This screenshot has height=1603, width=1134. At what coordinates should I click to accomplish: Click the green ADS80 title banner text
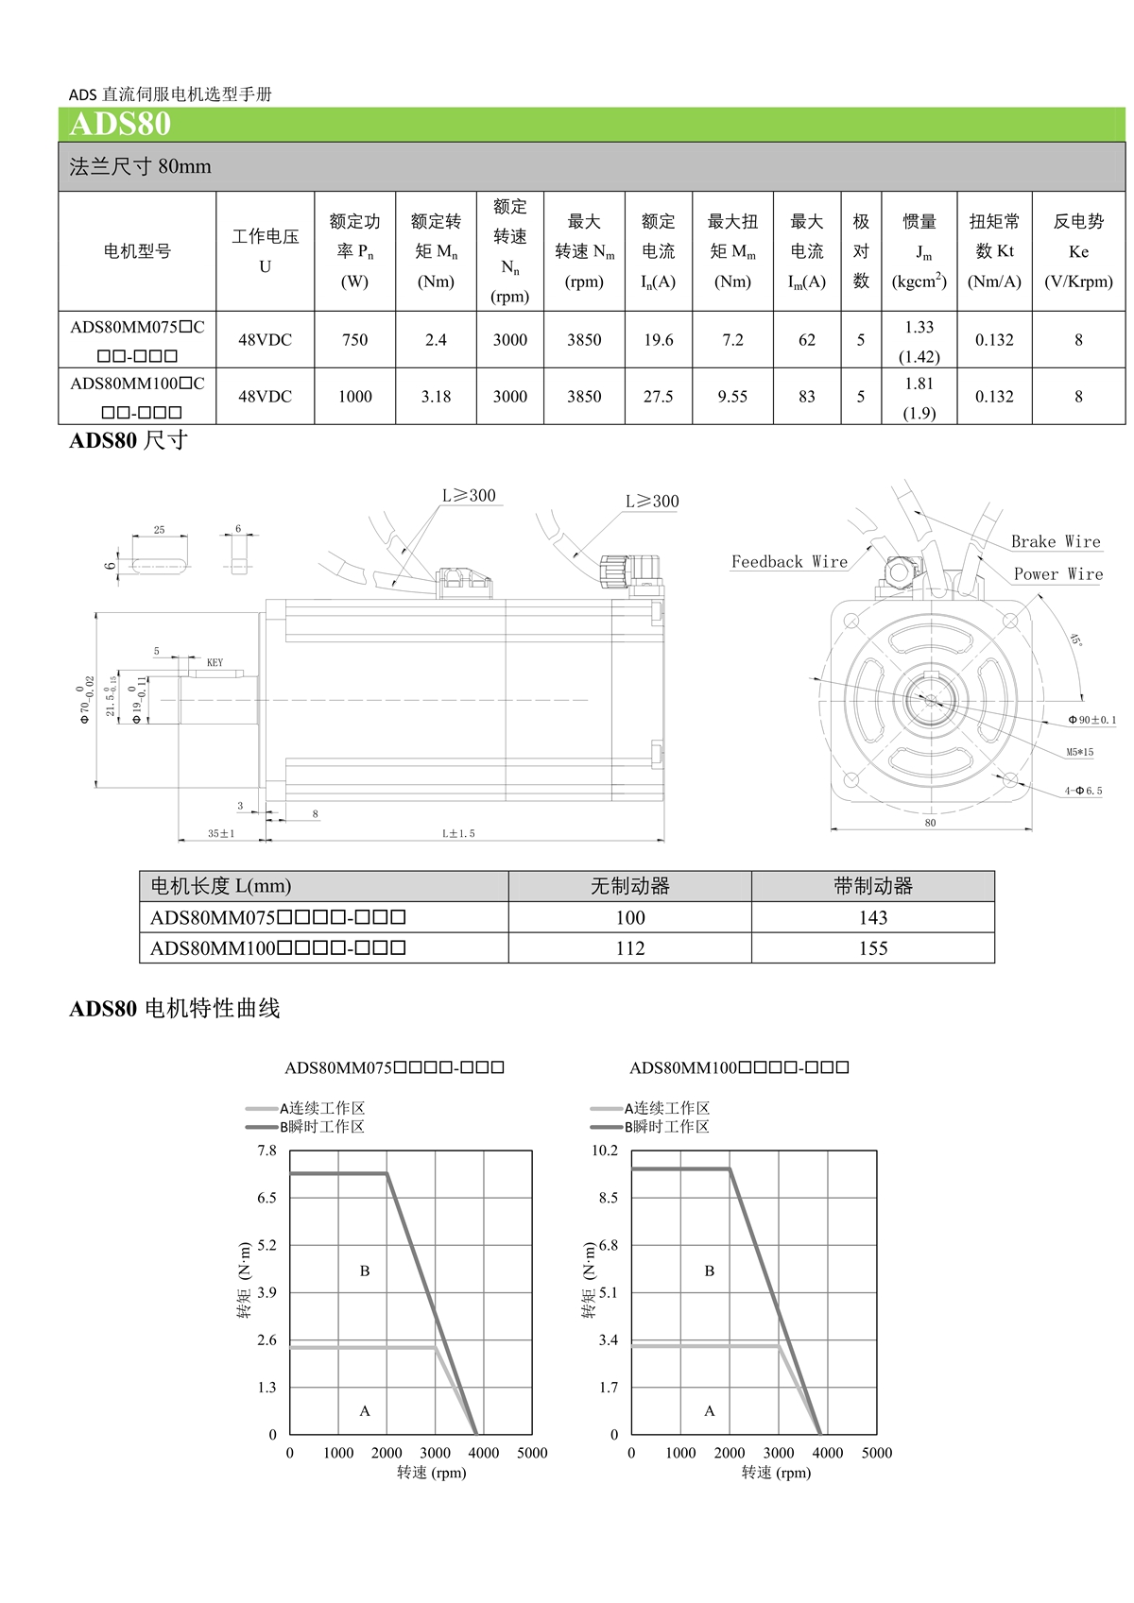coord(120,125)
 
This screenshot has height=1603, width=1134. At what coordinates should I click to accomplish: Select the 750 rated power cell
coord(354,340)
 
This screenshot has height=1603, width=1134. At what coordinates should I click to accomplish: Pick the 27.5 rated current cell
coord(658,397)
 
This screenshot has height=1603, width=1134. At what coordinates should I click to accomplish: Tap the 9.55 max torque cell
coord(732,397)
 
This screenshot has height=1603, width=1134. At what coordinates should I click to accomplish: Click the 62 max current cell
coord(806,340)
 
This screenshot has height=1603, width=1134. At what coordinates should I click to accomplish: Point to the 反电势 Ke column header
coord(1078,250)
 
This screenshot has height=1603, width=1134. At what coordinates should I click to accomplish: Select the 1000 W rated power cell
coord(354,397)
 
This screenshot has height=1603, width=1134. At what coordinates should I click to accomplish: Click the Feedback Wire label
coord(789,562)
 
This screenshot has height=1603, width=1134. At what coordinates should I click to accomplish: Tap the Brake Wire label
coord(1056,542)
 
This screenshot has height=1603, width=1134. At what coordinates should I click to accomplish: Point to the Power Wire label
coord(1057,574)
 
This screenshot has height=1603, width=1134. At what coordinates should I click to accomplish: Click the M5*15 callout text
coord(1080,753)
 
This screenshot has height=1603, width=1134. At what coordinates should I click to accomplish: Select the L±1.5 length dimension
coord(458,834)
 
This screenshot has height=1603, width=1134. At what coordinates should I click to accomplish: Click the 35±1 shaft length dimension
coord(221,834)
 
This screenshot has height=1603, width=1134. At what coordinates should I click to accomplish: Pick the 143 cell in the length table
coord(872,917)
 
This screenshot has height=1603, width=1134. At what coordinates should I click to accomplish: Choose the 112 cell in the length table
coord(629,948)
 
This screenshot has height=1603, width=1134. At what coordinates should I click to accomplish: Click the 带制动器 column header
coord(872,886)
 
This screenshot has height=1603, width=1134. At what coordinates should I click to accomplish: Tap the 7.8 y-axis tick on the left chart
coord(267,1151)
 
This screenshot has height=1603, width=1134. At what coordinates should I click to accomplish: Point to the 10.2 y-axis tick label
coord(605,1151)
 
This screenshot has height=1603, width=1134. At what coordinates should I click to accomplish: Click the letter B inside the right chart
coord(710,1271)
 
